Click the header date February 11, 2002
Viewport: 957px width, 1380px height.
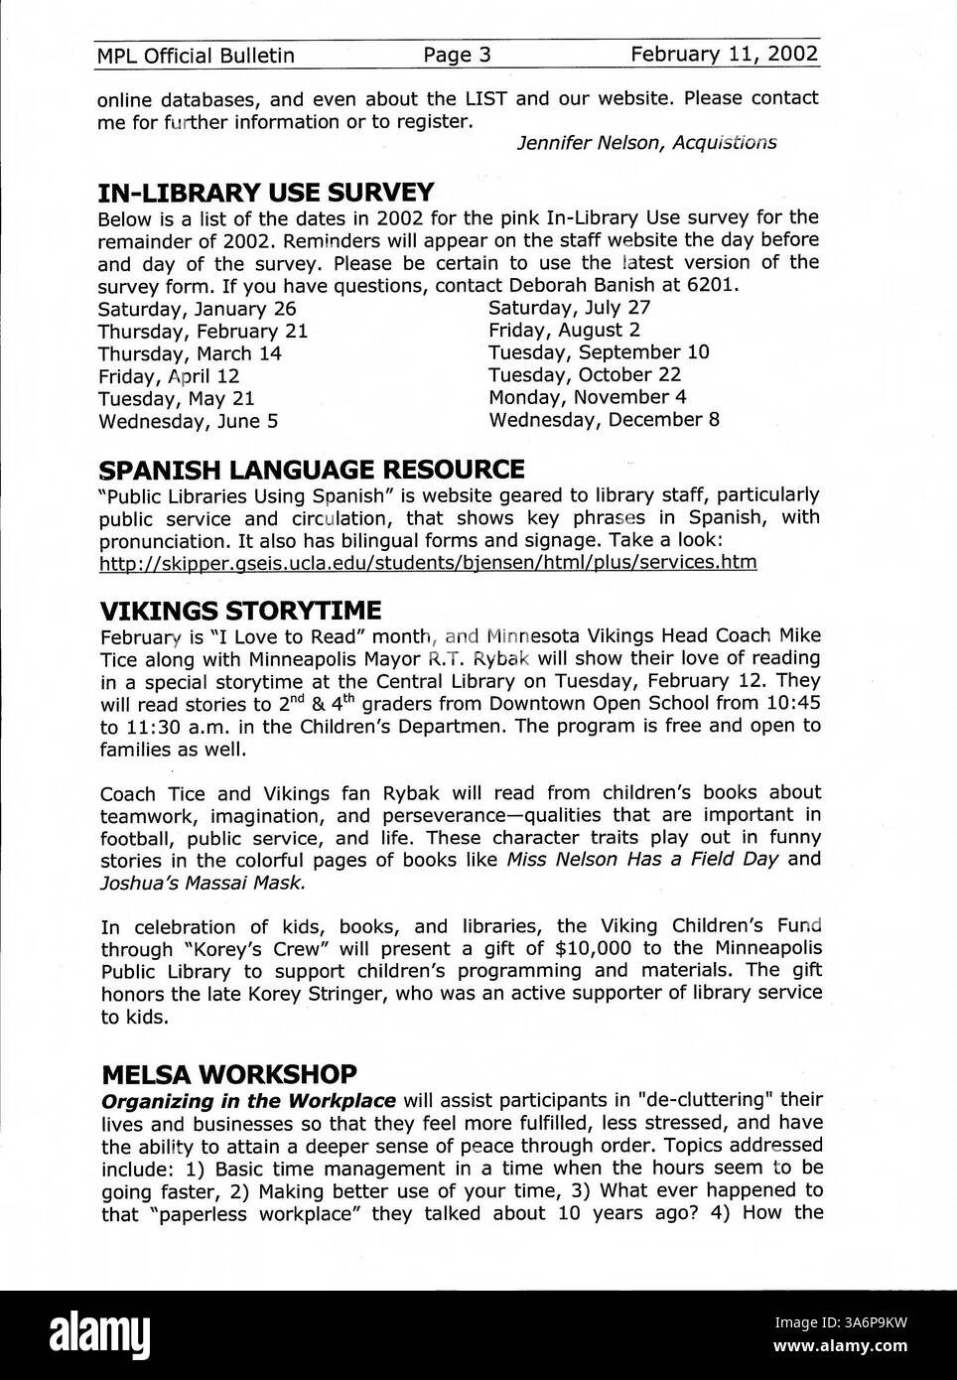click(724, 54)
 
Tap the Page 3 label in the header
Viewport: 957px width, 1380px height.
click(457, 55)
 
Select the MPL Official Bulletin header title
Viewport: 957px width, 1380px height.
click(196, 56)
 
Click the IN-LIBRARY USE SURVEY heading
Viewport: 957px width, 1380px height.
click(265, 193)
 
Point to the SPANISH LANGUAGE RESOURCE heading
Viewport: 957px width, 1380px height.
click(311, 469)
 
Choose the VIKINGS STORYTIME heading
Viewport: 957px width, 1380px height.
click(240, 609)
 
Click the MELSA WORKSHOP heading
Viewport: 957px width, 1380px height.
click(228, 1075)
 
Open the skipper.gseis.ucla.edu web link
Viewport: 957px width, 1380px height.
click(428, 563)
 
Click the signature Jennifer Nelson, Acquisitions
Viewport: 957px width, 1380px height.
click(646, 143)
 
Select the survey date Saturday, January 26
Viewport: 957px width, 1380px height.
click(197, 309)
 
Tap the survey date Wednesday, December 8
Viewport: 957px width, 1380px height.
click(604, 420)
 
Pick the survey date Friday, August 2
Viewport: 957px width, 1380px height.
click(564, 331)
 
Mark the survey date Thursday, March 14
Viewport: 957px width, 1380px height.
click(190, 353)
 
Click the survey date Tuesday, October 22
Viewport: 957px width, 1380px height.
click(585, 375)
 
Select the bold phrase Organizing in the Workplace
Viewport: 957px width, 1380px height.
click(249, 1101)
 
